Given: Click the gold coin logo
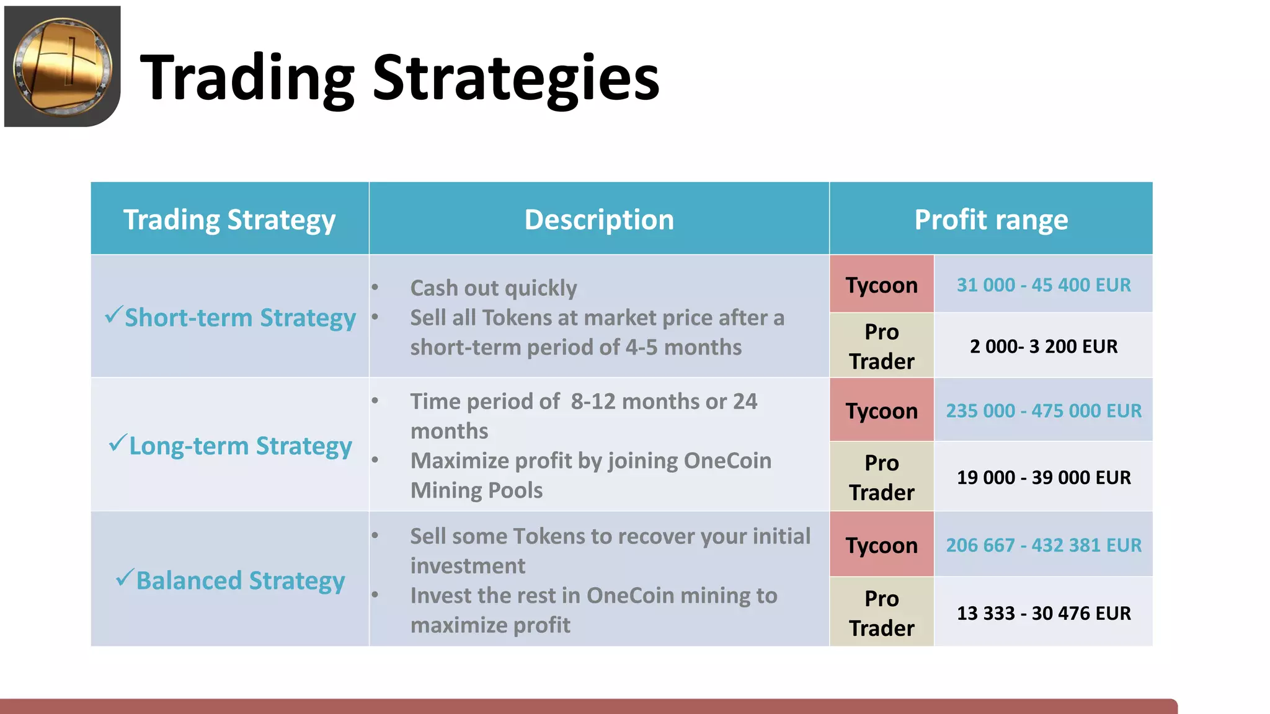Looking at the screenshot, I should (x=63, y=66).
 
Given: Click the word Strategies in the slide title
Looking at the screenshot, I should (x=516, y=77).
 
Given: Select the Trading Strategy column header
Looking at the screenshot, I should (x=229, y=219).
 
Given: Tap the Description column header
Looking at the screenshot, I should (x=599, y=219).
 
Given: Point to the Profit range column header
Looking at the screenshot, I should (x=991, y=219).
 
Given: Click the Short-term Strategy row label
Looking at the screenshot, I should (x=240, y=318).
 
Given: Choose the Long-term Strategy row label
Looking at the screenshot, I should (x=240, y=446).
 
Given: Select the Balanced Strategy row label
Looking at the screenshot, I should (x=240, y=581).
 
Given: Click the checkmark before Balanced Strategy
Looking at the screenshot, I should (x=125, y=578).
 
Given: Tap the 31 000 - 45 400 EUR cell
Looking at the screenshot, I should (x=1044, y=285).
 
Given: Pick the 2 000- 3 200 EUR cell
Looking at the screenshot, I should (x=1044, y=346).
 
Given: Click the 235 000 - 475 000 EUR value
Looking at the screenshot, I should (x=1044, y=411).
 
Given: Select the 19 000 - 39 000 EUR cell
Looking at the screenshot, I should (x=1044, y=478).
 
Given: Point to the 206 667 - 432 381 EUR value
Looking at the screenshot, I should (x=1044, y=545).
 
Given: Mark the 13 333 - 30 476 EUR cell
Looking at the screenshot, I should (x=1044, y=614).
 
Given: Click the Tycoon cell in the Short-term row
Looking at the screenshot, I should (x=881, y=285).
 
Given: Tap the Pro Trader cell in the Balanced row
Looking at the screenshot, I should (x=881, y=613).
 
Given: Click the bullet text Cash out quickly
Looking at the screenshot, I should (x=494, y=288).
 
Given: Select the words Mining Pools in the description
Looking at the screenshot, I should (x=476, y=491).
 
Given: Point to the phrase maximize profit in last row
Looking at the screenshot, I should (x=490, y=625).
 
